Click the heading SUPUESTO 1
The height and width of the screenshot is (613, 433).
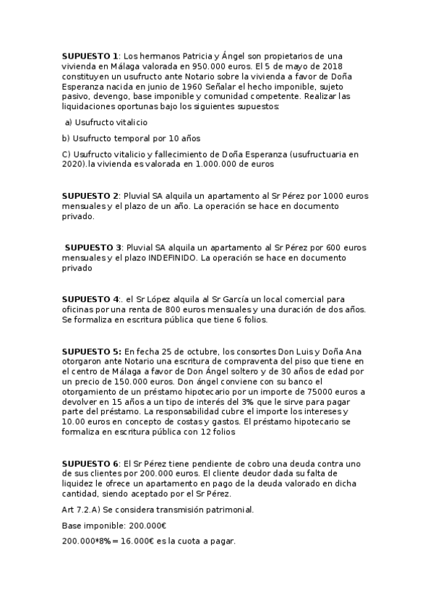click(x=90, y=56)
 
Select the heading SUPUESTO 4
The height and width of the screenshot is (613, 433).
click(x=90, y=299)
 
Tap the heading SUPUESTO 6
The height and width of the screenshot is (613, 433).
click(x=90, y=463)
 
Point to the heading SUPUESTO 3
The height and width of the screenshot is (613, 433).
click(x=93, y=247)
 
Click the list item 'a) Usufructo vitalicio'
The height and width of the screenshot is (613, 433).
click(x=106, y=122)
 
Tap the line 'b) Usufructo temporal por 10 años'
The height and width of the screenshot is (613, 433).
click(x=121, y=138)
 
